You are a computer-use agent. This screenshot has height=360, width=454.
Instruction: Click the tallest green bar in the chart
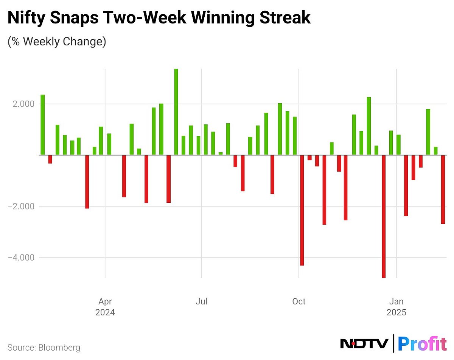coord(176,112)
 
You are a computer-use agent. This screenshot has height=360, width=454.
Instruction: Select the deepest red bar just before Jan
coord(384,216)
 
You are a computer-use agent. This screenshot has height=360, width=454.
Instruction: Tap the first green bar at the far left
coord(43,125)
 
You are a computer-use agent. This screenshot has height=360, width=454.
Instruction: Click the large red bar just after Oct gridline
coord(302,210)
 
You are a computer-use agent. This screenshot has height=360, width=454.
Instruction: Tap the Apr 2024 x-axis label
coord(105,307)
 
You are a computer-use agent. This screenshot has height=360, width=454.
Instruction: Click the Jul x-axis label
coord(201,301)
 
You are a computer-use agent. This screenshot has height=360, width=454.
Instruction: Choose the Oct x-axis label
coord(299,301)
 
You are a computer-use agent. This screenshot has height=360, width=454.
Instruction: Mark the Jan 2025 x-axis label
coord(396,307)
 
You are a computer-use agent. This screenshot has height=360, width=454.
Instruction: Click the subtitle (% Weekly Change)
coord(57,41)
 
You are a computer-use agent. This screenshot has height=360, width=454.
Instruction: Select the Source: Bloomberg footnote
coord(44,347)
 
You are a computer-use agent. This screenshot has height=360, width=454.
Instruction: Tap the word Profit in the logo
coord(422,344)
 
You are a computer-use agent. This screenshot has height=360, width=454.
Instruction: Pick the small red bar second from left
coord(50,159)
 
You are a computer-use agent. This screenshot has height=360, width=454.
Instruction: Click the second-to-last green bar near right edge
coord(428,132)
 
